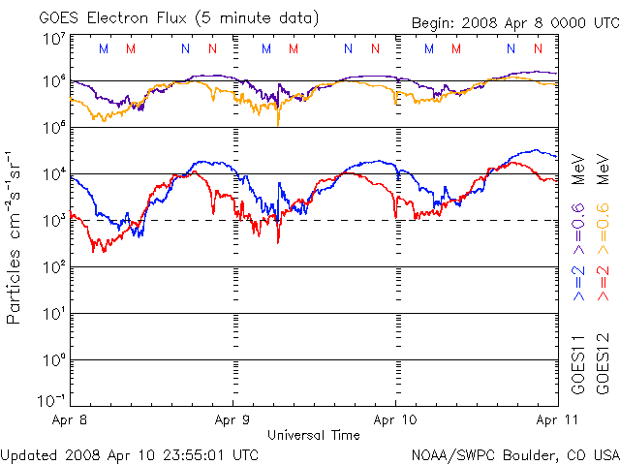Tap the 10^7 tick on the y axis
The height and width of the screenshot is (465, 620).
click(54, 39)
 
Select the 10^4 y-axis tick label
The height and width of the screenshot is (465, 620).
click(54, 173)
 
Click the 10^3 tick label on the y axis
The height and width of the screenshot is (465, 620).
click(54, 220)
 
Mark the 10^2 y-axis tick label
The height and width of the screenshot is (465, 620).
click(54, 266)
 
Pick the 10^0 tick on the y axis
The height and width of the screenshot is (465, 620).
click(54, 359)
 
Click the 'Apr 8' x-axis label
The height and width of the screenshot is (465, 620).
click(72, 421)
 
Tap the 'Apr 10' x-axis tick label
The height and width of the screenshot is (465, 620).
click(395, 421)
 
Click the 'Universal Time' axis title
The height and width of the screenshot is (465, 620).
click(314, 435)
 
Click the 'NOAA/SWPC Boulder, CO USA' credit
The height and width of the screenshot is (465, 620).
click(514, 453)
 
